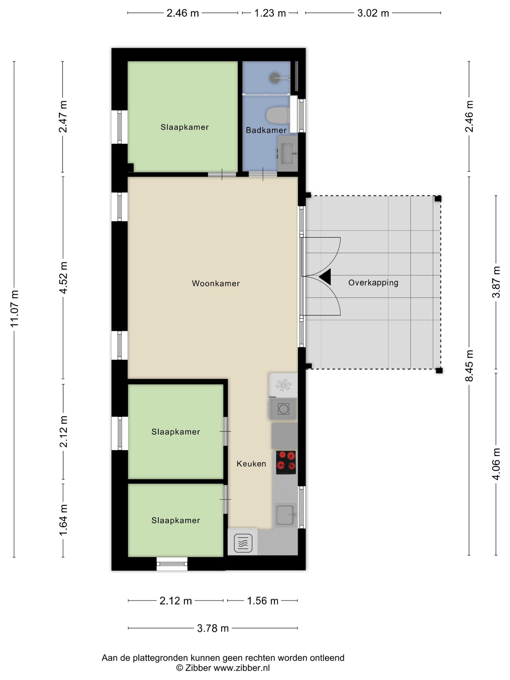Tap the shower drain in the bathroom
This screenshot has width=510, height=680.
(x=275, y=78)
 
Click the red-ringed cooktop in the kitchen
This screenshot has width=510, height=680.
(x=286, y=463)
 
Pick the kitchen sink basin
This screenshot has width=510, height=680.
(x=285, y=515)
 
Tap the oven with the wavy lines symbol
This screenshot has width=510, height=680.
(x=243, y=543)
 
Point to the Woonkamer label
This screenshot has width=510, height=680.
(x=216, y=283)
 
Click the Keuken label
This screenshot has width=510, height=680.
(x=251, y=464)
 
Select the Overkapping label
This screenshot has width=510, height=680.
(x=373, y=283)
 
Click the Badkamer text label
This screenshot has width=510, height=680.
(x=266, y=130)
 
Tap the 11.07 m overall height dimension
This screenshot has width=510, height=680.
(x=14, y=309)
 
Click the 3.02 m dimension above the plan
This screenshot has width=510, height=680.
(x=373, y=13)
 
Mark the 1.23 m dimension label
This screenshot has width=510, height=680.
(x=270, y=13)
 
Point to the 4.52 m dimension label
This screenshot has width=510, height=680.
(x=63, y=278)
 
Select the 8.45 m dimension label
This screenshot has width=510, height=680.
(x=469, y=366)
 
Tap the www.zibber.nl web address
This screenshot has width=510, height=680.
(x=242, y=668)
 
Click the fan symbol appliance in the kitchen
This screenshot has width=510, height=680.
(x=283, y=385)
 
